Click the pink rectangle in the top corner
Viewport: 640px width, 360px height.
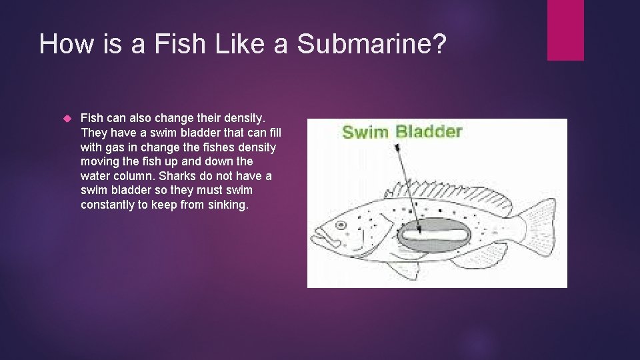click(x=565, y=30)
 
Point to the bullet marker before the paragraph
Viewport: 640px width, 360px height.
click(x=65, y=118)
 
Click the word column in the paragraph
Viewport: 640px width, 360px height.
click(x=138, y=176)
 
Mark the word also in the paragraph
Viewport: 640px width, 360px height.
click(x=141, y=117)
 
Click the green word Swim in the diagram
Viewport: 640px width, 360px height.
click(x=365, y=131)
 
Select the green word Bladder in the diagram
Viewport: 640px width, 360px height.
click(x=429, y=131)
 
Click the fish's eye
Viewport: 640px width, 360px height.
click(x=341, y=226)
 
